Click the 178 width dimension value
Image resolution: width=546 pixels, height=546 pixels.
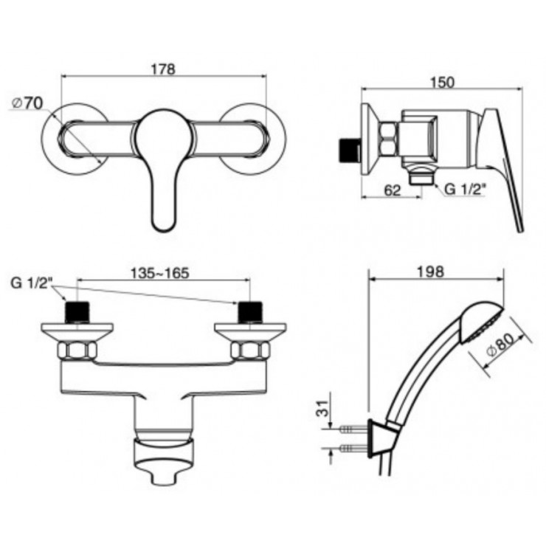(164, 69)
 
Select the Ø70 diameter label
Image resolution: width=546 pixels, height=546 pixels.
(27, 103)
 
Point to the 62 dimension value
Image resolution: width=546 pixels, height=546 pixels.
(393, 190)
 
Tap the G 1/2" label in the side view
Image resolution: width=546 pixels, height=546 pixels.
(466, 190)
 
